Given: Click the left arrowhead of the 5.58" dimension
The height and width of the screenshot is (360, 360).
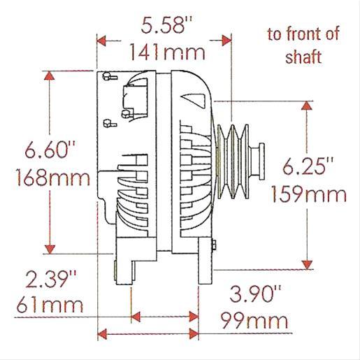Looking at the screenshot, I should [102, 38].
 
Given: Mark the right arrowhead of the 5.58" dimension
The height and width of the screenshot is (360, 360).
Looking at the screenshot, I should [224, 38].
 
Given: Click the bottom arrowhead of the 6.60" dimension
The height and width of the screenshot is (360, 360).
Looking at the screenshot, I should [49, 250].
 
